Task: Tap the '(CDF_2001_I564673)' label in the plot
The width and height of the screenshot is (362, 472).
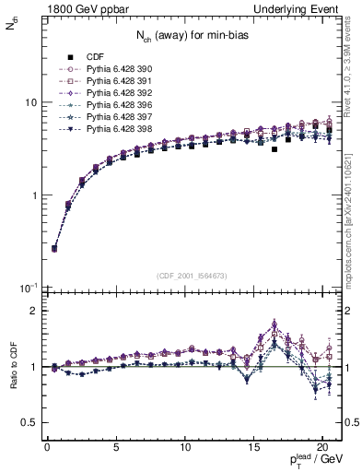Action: pos(193,276)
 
